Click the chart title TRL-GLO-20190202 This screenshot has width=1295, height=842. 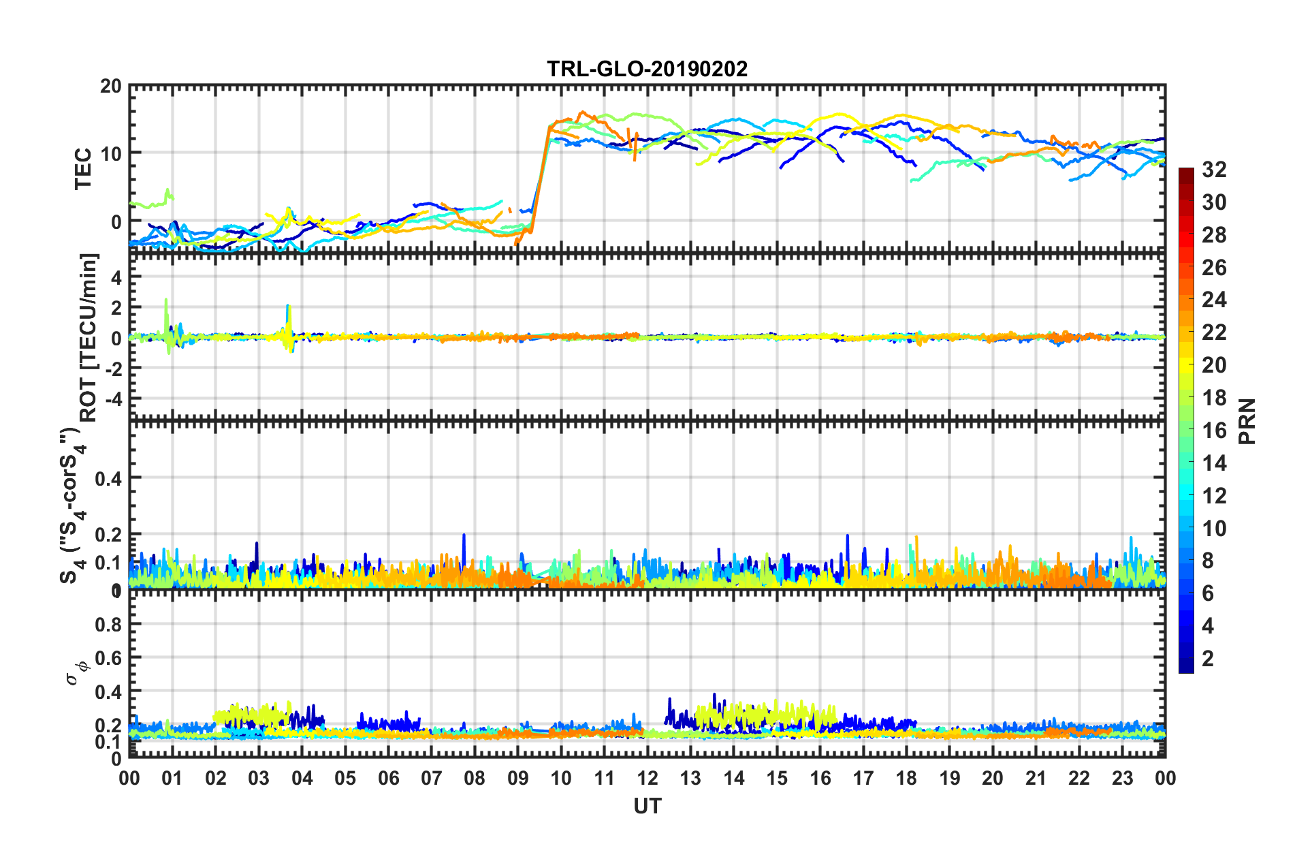[x=647, y=69]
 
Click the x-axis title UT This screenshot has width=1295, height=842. [x=647, y=807]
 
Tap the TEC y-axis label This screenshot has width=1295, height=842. [x=83, y=169]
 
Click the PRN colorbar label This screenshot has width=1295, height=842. [x=1247, y=421]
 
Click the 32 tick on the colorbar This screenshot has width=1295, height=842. [x=1214, y=170]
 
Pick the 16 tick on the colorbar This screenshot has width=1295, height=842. [x=1214, y=431]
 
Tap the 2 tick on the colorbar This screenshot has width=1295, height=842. [x=1209, y=659]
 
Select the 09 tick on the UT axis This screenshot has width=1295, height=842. [x=517, y=778]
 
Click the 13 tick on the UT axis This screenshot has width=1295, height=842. [x=690, y=778]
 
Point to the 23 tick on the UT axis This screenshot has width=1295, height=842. [x=1122, y=778]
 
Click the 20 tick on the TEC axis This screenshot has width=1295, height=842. [x=111, y=87]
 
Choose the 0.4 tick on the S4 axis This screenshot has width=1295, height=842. [x=108, y=479]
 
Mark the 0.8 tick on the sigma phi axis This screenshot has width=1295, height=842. [x=108, y=625]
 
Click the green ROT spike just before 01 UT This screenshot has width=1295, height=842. [x=166, y=303]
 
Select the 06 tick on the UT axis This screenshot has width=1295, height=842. [x=388, y=778]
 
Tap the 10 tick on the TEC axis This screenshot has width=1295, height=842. [x=111, y=153]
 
